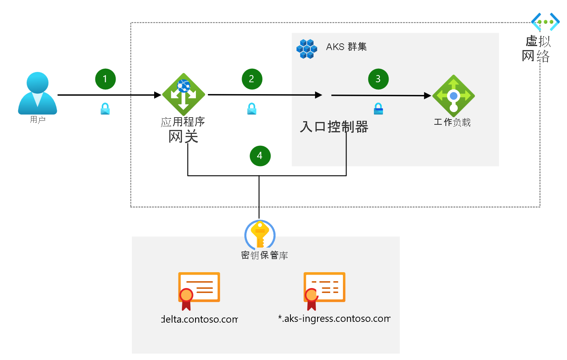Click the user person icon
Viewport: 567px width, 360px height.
37,93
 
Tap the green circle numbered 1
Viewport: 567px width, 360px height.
105,79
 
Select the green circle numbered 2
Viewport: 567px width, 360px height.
252,79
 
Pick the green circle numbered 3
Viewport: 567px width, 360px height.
378,79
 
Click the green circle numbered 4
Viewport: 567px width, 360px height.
260,156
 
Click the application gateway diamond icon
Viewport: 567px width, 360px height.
184,95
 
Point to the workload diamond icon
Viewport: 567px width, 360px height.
453,96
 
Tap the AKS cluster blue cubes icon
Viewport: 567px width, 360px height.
307,48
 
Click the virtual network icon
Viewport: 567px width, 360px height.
545,22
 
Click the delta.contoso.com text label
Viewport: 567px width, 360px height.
200,319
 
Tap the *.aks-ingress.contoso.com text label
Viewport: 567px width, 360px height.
334,319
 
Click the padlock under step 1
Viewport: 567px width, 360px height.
105,109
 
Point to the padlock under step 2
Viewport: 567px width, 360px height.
252,109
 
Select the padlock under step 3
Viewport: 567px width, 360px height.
378,109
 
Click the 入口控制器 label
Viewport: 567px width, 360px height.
334,127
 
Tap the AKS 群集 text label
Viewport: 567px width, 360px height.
346,47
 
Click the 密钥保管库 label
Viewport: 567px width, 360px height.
264,255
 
